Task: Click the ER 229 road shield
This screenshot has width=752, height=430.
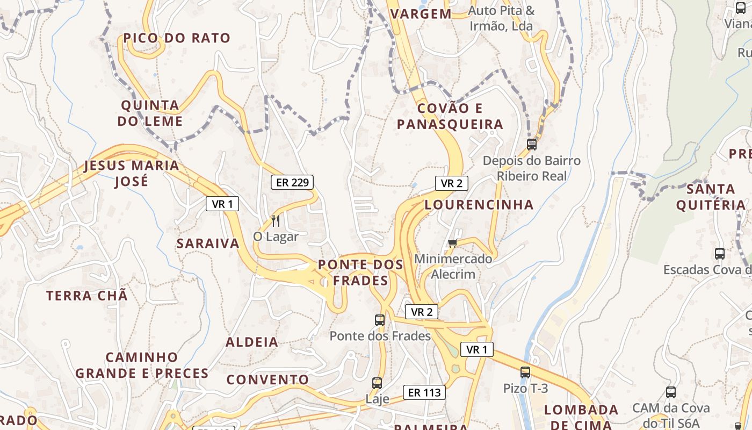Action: (x=292, y=182)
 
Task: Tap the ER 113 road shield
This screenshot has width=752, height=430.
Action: (x=424, y=392)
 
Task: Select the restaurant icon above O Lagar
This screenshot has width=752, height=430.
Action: (x=276, y=220)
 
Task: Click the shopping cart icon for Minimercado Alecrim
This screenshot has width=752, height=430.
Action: (x=453, y=243)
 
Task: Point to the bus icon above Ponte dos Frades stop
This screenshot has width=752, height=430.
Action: (x=380, y=320)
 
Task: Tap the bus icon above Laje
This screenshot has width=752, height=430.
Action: (x=377, y=383)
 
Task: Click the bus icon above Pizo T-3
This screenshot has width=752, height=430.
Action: (x=525, y=372)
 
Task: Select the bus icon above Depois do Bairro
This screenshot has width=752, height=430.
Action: (x=532, y=144)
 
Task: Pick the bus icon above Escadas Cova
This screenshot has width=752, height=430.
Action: (x=720, y=254)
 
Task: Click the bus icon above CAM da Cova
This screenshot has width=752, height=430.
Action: (x=671, y=392)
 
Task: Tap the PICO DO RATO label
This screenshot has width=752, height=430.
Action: (x=177, y=38)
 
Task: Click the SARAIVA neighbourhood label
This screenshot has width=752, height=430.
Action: (x=208, y=243)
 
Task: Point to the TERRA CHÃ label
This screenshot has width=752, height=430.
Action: (x=87, y=296)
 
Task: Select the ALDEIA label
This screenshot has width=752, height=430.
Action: (x=252, y=342)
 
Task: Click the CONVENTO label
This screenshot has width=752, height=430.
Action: (x=267, y=379)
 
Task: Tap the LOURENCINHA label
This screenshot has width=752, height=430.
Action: (x=479, y=205)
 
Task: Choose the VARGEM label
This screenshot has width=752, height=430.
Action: (x=421, y=14)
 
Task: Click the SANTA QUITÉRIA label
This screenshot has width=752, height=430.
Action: (x=711, y=197)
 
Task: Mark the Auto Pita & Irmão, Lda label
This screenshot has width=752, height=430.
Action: (x=501, y=18)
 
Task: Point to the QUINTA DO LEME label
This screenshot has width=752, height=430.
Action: (x=150, y=113)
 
